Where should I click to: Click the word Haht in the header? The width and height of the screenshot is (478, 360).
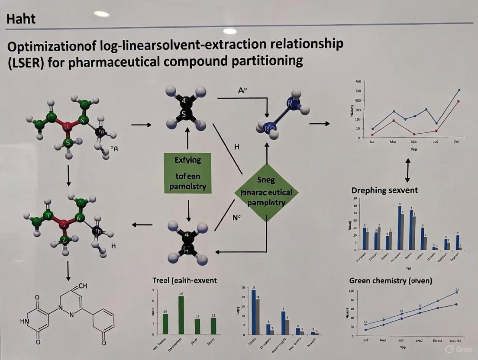[21, 19]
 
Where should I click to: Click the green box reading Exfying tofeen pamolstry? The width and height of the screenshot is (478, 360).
[188, 174]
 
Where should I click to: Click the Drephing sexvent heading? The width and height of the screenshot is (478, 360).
[384, 190]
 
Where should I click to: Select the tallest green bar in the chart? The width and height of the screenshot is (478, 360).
[181, 315]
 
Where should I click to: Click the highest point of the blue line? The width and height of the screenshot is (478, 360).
[459, 90]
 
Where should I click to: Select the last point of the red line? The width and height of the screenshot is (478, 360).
[458, 101]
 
